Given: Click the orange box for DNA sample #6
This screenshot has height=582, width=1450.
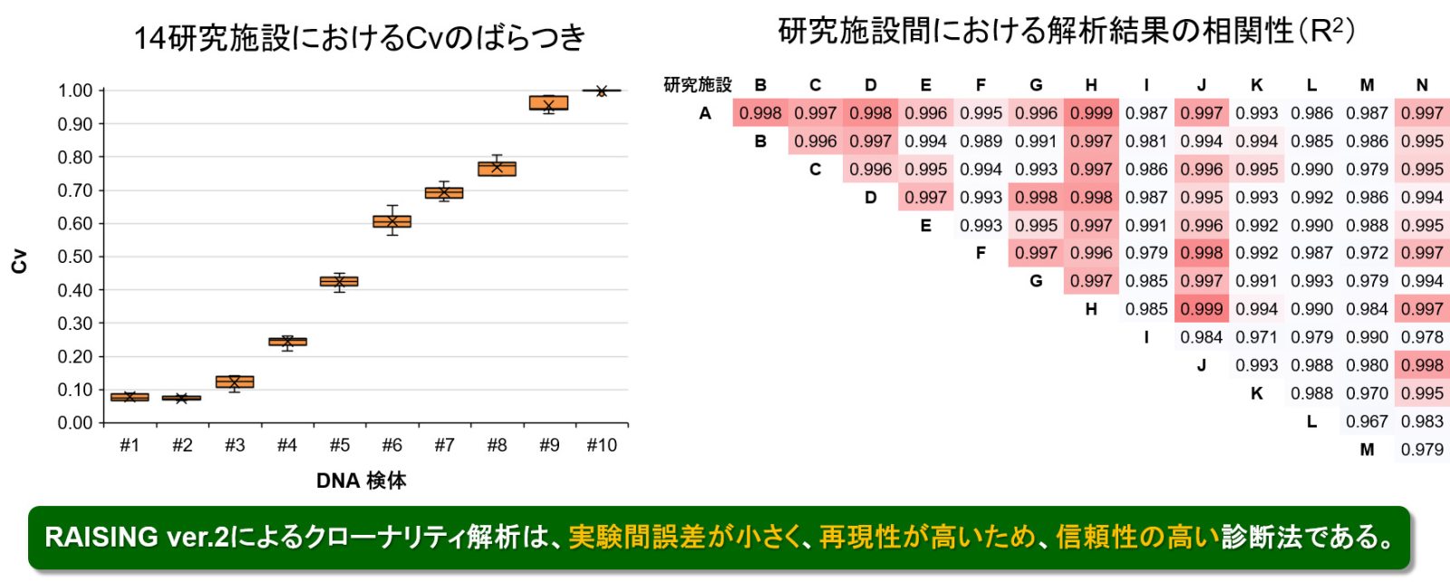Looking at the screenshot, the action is click(x=391, y=221).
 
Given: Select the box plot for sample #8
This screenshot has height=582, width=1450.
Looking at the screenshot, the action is click(x=497, y=169).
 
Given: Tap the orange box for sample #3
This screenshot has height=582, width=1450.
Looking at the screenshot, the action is click(x=235, y=382).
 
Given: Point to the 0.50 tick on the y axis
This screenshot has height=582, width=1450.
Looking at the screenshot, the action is click(x=75, y=257).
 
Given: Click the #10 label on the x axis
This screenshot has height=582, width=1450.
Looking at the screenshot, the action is click(x=602, y=445).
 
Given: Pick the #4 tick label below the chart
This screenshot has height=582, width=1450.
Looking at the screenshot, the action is click(x=286, y=445).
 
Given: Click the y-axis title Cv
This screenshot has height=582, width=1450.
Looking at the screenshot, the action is click(x=19, y=261).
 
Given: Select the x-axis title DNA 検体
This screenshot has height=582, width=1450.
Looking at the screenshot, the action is click(x=362, y=480).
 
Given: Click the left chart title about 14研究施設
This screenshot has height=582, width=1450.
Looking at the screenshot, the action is click(x=359, y=37).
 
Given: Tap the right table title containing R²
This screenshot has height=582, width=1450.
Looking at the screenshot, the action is click(x=1066, y=31).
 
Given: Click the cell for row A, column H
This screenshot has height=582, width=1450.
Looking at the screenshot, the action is click(x=1091, y=112).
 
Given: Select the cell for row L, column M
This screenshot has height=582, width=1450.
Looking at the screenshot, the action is click(x=1367, y=422).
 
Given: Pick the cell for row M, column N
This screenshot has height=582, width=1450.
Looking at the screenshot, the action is click(x=1422, y=450).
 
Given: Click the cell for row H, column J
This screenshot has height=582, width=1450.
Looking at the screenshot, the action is click(x=1202, y=309).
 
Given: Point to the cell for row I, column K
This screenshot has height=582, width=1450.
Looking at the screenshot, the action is click(x=1256, y=337).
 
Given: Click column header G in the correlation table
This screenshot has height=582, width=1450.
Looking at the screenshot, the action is click(x=1036, y=85).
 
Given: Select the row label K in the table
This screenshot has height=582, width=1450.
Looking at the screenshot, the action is click(x=1256, y=393).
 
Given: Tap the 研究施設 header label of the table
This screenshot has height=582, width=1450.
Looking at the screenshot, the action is click(x=697, y=85).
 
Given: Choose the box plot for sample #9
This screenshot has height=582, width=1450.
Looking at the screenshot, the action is click(x=548, y=103).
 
